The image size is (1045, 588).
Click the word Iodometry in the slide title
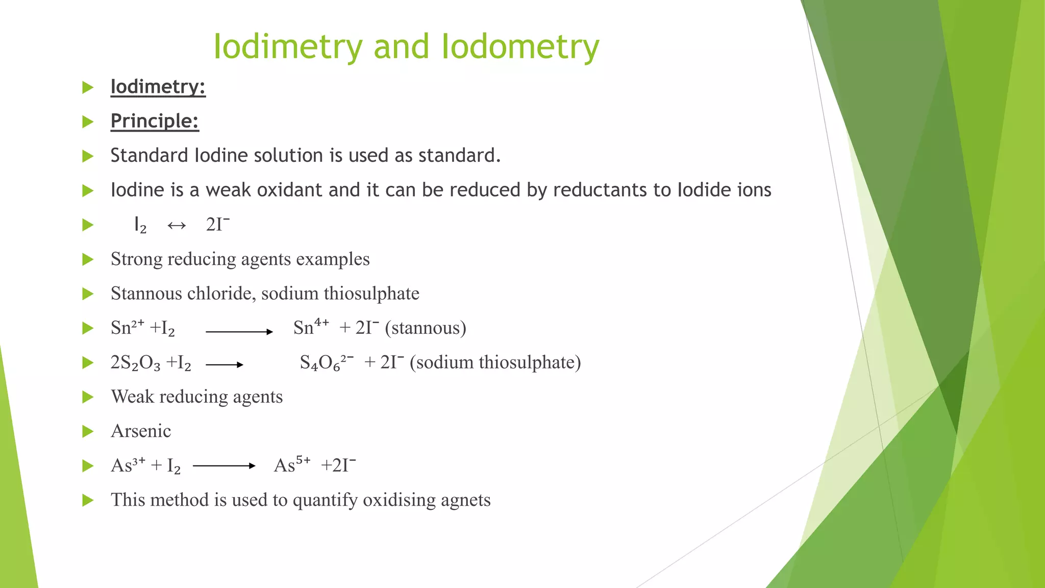(520, 47)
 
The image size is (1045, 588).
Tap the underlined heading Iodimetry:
(158, 87)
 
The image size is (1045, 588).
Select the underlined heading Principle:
(155, 121)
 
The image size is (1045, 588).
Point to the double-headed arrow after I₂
(177, 225)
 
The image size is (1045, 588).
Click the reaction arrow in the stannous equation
(239, 332)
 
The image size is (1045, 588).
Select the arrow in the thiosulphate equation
(225, 364)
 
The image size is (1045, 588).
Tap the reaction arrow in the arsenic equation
(224, 465)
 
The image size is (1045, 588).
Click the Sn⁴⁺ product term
(311, 327)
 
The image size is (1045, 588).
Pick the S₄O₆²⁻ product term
(326, 362)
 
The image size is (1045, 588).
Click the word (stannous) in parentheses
(426, 328)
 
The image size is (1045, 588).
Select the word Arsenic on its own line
(141, 431)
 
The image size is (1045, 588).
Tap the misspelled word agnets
(466, 500)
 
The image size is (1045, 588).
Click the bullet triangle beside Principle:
(88, 121)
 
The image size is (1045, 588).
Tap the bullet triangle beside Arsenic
(88, 432)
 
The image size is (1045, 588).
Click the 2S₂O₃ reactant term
(135, 363)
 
